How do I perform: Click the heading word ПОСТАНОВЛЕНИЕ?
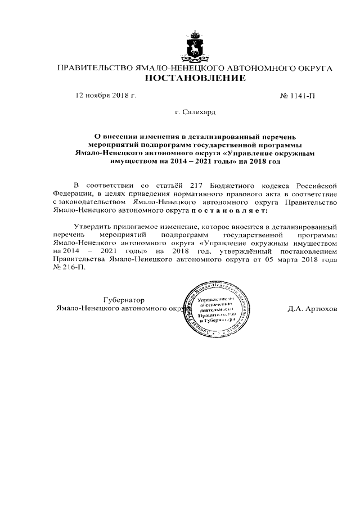[195, 78]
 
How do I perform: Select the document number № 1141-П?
[298, 96]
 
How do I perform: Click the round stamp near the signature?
[217, 311]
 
